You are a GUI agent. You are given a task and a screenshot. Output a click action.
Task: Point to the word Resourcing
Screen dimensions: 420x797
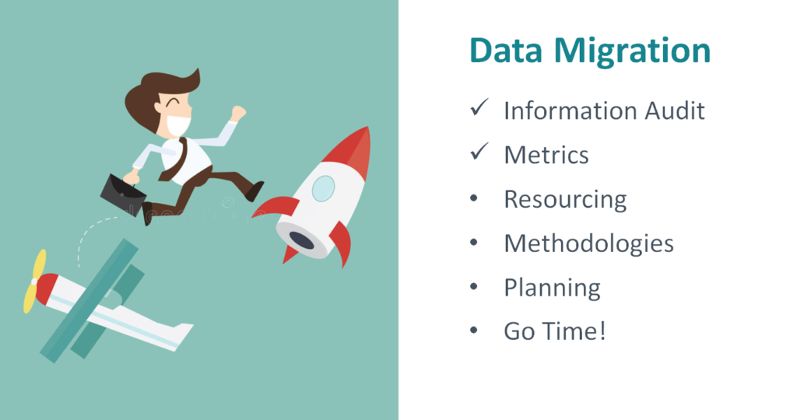[565, 199]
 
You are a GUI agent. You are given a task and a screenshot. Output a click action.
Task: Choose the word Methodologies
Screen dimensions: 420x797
[588, 243]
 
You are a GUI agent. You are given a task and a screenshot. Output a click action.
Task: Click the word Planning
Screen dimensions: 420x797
[552, 289]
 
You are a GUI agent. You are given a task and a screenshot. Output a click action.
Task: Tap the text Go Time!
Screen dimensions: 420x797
[554, 331]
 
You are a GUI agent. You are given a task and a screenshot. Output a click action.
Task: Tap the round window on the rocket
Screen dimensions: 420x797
[323, 187]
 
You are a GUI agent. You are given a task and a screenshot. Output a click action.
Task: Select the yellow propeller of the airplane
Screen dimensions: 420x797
[34, 281]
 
